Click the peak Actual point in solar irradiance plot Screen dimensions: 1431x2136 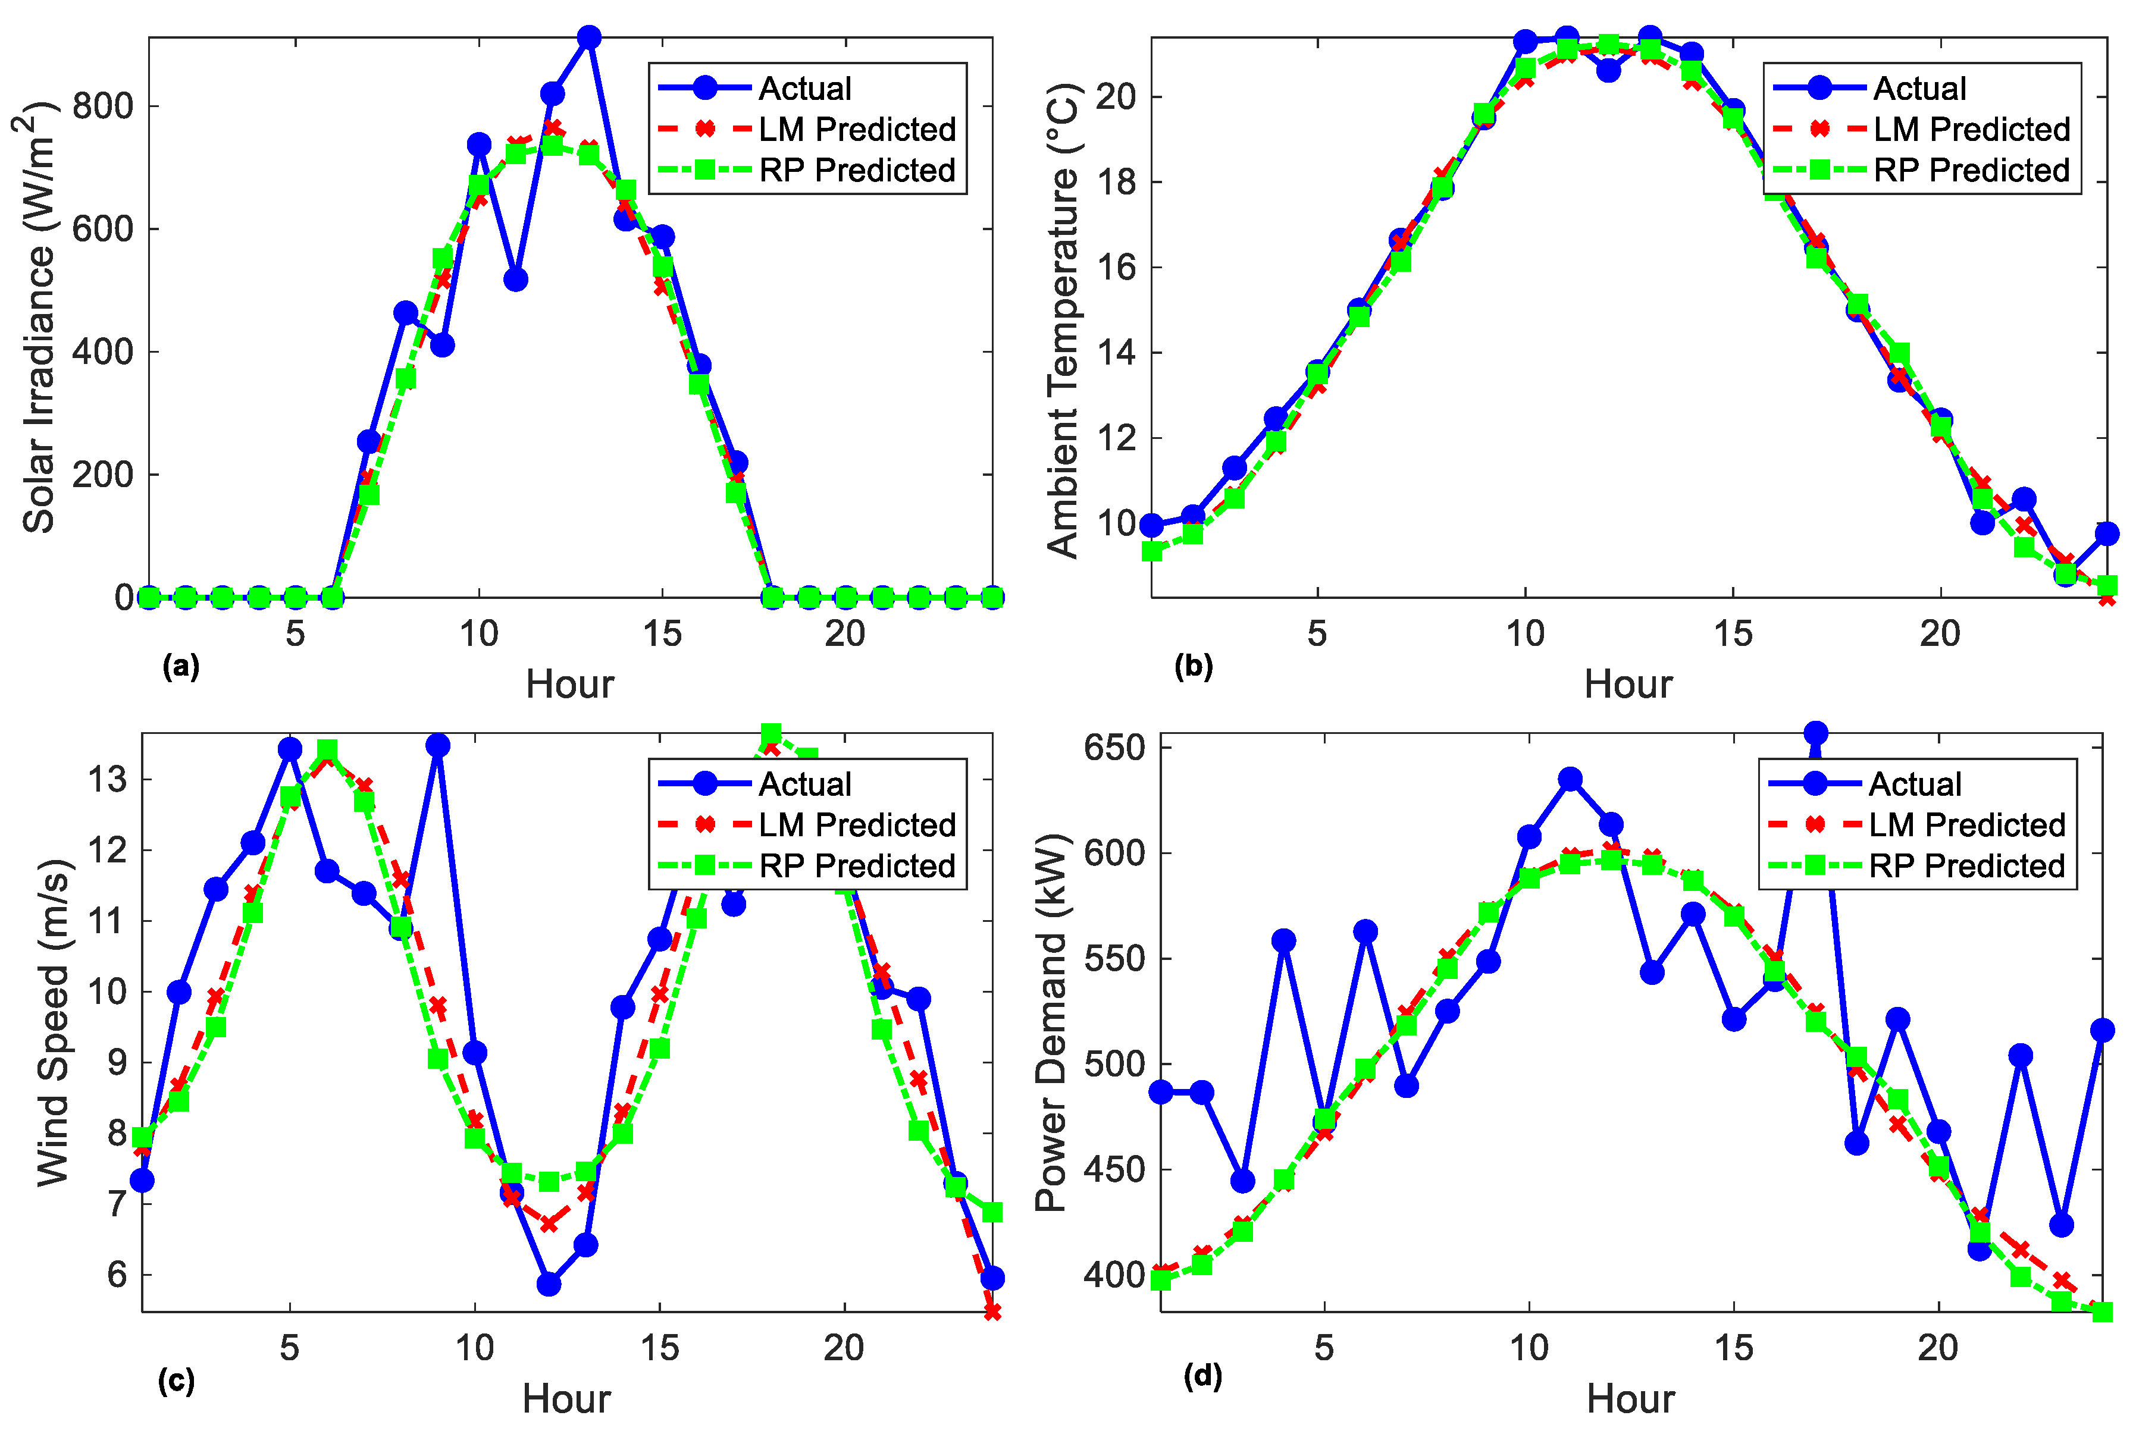(589, 37)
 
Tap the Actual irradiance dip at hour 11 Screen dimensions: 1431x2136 (515, 280)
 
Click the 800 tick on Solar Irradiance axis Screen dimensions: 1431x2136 (102, 106)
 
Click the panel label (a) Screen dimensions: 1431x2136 (180, 667)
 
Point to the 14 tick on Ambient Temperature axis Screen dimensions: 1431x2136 (1114, 352)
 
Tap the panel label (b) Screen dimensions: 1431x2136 (1192, 667)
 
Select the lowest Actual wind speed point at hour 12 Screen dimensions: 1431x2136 (548, 1283)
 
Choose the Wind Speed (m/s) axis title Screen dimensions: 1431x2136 (53, 1022)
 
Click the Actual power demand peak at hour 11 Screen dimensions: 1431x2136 (1569, 779)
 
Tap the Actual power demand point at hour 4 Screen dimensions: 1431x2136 (1283, 940)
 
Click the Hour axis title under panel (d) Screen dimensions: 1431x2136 (1630, 1399)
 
